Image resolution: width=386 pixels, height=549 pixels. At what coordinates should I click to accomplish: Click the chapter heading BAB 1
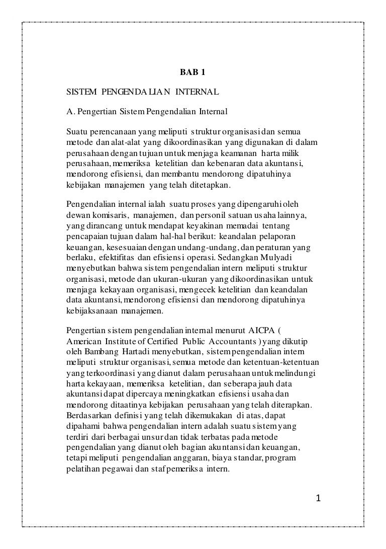(x=192, y=72)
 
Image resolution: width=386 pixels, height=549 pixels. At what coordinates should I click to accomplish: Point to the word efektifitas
(x=112, y=257)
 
